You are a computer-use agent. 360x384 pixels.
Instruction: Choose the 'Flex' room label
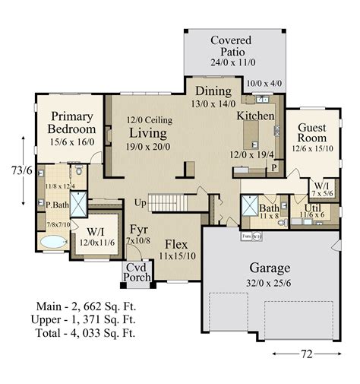click(177, 246)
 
